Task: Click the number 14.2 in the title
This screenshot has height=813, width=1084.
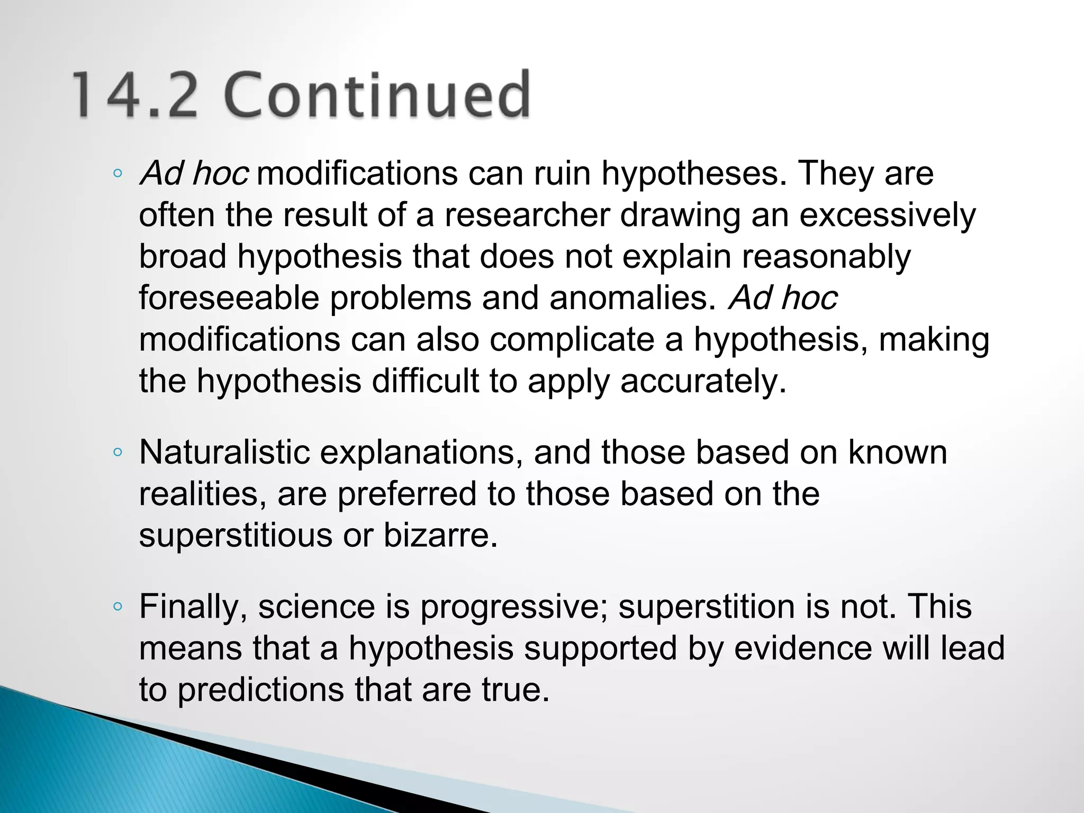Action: click(134, 95)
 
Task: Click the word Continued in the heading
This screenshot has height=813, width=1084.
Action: click(379, 95)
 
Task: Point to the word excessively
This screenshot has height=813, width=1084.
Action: click(887, 215)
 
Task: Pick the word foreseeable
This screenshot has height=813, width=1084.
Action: click(229, 298)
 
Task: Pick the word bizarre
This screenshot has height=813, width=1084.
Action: click(440, 536)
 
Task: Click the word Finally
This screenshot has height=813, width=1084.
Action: click(193, 607)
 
